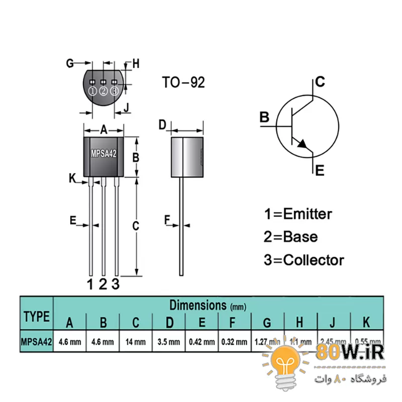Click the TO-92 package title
183,82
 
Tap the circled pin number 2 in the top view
104,91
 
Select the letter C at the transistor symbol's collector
320,82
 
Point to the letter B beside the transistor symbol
265,118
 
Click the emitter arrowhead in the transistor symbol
303,144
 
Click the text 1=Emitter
298,214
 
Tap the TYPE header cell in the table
36,317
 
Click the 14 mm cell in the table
136,342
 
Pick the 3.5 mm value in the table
169,342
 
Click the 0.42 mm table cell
202,342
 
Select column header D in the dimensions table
169,323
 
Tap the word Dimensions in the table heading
197,305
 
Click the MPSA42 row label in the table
36,342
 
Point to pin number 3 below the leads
116,284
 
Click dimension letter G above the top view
70,63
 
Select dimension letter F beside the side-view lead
167,219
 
